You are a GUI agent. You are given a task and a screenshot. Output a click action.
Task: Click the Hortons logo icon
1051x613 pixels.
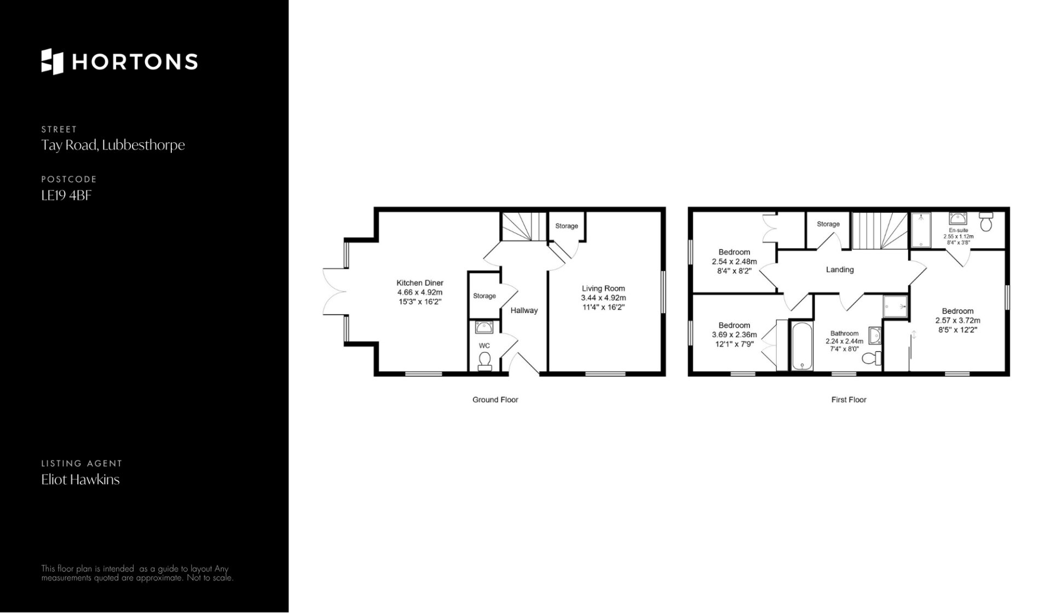click(x=53, y=61)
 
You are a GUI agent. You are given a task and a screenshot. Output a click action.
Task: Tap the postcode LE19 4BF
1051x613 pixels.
click(x=66, y=195)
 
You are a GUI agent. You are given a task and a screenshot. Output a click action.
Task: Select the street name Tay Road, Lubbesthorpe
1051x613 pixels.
click(x=113, y=146)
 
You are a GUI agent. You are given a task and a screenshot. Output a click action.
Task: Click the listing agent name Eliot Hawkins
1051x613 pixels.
click(x=80, y=479)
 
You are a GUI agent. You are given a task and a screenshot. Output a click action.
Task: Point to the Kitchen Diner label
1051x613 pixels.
click(x=420, y=283)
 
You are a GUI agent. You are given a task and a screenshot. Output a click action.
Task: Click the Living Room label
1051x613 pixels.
click(x=603, y=288)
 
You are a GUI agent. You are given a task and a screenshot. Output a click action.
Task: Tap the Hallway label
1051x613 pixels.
click(x=524, y=310)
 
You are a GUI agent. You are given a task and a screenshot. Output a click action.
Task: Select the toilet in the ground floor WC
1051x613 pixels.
click(x=484, y=361)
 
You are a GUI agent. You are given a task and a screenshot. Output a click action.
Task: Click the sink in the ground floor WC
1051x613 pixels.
click(x=484, y=327)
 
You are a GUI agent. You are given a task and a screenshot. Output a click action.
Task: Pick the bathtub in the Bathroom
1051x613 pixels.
click(x=801, y=346)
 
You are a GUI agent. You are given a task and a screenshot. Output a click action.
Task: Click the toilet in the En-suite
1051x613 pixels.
click(x=986, y=222)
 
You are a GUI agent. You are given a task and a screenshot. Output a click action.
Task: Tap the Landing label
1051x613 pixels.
click(x=840, y=269)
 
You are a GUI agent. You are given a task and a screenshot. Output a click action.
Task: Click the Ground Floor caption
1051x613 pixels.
click(x=495, y=400)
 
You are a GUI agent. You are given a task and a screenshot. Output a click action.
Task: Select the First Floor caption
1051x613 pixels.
click(x=849, y=400)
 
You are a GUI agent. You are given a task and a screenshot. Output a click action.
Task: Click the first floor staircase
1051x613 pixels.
click(x=880, y=230)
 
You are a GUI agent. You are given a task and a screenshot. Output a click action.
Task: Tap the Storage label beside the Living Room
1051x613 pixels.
click(x=567, y=226)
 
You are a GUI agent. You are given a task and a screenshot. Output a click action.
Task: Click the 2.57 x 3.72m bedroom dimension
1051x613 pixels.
click(x=958, y=321)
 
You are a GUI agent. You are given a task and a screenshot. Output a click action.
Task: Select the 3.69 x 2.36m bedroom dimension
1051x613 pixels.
click(x=735, y=335)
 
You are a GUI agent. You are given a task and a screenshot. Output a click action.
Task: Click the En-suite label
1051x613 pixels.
click(x=958, y=230)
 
